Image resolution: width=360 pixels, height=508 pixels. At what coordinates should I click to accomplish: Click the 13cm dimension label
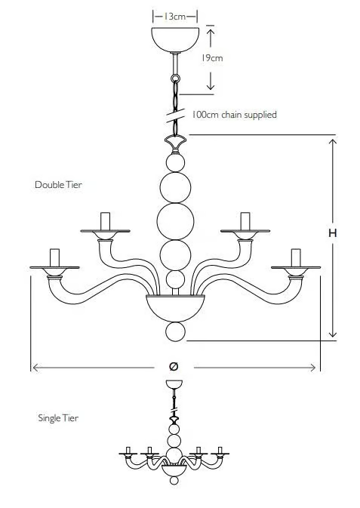175,17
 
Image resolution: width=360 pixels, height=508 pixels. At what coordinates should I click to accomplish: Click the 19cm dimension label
211,58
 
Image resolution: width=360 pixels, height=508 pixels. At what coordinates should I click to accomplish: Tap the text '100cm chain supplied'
234,115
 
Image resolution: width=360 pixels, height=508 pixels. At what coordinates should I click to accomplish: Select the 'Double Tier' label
58,185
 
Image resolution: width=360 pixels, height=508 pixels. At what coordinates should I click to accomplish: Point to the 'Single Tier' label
58,418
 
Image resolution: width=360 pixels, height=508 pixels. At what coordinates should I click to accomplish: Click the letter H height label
333,233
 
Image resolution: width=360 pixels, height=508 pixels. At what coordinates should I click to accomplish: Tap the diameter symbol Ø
174,366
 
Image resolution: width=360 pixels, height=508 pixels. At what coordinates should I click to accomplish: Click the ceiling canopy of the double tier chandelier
175,39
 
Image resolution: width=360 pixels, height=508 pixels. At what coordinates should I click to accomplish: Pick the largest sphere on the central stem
175,222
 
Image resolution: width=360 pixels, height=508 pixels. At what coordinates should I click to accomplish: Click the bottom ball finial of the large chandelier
175,332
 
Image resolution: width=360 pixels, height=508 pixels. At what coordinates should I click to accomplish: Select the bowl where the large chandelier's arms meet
175,308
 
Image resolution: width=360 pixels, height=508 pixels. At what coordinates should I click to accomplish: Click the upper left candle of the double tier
106,221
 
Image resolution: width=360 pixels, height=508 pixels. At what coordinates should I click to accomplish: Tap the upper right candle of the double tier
245,221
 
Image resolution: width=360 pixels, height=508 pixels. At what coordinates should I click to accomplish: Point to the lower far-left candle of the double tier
55,257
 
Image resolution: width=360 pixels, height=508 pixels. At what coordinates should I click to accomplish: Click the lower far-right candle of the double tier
296,257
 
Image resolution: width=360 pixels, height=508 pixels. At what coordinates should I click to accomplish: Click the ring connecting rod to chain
175,79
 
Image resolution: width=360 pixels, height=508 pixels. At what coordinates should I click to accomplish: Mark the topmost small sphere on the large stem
175,162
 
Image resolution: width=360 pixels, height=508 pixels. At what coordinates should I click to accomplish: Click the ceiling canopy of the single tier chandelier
174,384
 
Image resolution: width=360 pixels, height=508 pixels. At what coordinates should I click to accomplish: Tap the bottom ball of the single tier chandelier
174,480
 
